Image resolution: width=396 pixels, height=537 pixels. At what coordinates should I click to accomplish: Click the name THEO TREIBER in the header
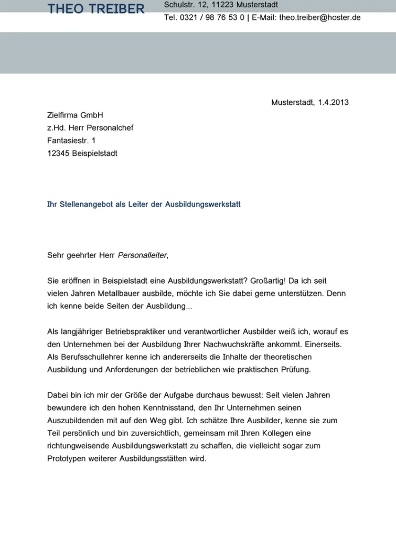pos(96,9)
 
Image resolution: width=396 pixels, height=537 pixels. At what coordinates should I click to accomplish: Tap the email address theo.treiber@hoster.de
pos(320,17)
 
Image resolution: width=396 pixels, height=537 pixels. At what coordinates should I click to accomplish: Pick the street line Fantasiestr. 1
pos(71,141)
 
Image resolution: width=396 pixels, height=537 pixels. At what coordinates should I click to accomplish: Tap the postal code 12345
pos(58,153)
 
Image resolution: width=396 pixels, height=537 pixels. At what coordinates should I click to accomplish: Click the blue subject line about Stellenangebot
pos(144,204)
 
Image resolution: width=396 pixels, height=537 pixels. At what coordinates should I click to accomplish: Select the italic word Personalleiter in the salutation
pos(143,255)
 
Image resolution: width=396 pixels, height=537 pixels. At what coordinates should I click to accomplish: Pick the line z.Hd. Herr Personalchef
pos(90,128)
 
